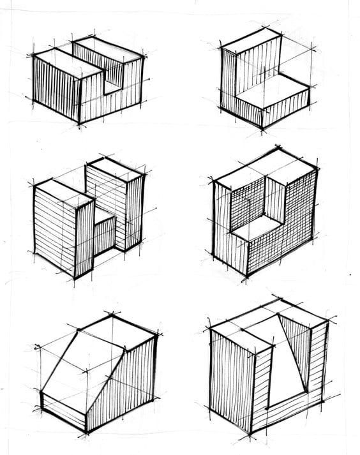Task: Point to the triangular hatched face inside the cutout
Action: [x=296, y=348]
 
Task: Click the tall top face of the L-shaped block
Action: [x=251, y=40]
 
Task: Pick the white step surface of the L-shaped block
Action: [x=271, y=90]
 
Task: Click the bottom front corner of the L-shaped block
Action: [x=262, y=128]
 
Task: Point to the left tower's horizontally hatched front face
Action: [x=55, y=230]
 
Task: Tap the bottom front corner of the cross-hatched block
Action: [x=246, y=276]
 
